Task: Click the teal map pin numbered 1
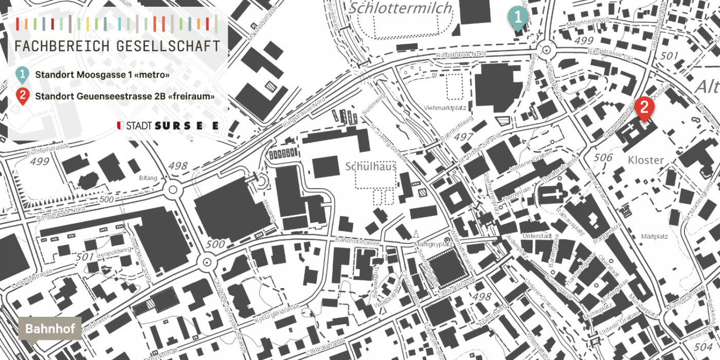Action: [518, 17]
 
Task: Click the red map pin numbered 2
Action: [644, 107]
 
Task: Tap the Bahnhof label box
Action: [50, 329]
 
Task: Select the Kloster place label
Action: [645, 160]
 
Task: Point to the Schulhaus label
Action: [371, 167]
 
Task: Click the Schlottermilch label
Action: [400, 8]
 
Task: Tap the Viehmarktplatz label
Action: [445, 107]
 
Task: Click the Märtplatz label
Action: [655, 237]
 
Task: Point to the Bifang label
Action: [148, 178]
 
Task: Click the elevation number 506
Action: [604, 157]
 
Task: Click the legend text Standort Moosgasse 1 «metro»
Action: [102, 75]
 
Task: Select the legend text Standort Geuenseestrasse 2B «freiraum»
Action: [124, 96]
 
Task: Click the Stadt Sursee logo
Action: [168, 125]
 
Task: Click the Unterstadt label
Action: [536, 236]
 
